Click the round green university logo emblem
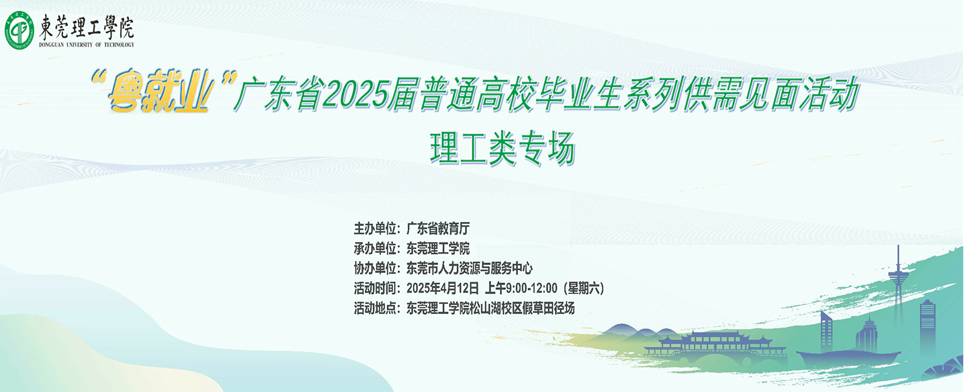(x=19, y=30)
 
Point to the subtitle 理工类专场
(x=502, y=149)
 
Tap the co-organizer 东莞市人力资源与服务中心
(x=470, y=268)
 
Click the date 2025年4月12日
(x=443, y=288)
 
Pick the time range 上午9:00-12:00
(x=522, y=288)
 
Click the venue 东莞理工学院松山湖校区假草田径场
(x=490, y=309)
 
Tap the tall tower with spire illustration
(x=897, y=289)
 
